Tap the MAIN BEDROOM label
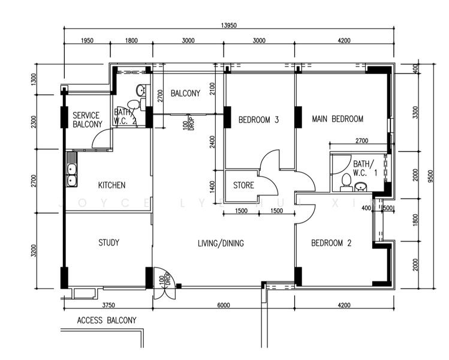coord(337,119)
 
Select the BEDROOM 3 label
coord(258,119)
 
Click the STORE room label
coord(243,185)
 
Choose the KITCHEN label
coord(112,185)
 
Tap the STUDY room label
coord(109,243)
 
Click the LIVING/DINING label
coord(221,243)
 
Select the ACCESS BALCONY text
coord(107,320)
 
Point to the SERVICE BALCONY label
coord(88,120)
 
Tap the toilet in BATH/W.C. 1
coord(345,181)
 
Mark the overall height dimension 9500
coord(430,175)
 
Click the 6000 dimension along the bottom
coord(223,305)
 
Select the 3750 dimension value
coord(109,305)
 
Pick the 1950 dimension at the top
coord(86,41)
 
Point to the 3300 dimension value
coord(416,113)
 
